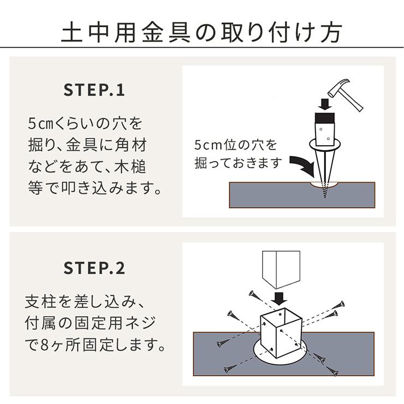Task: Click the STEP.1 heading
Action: [x=94, y=90]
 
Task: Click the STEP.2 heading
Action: [x=94, y=268]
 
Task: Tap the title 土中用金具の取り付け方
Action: [x=202, y=32]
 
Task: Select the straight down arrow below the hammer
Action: [x=325, y=104]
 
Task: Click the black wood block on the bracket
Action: [x=325, y=118]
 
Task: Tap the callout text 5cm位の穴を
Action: [x=235, y=145]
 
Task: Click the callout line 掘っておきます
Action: [x=239, y=163]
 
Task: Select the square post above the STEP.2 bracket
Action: [x=281, y=270]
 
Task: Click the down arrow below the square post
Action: [x=279, y=299]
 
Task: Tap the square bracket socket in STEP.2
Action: [x=281, y=332]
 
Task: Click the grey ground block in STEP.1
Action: [x=302, y=195]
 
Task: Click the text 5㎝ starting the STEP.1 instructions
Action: [x=40, y=123]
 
